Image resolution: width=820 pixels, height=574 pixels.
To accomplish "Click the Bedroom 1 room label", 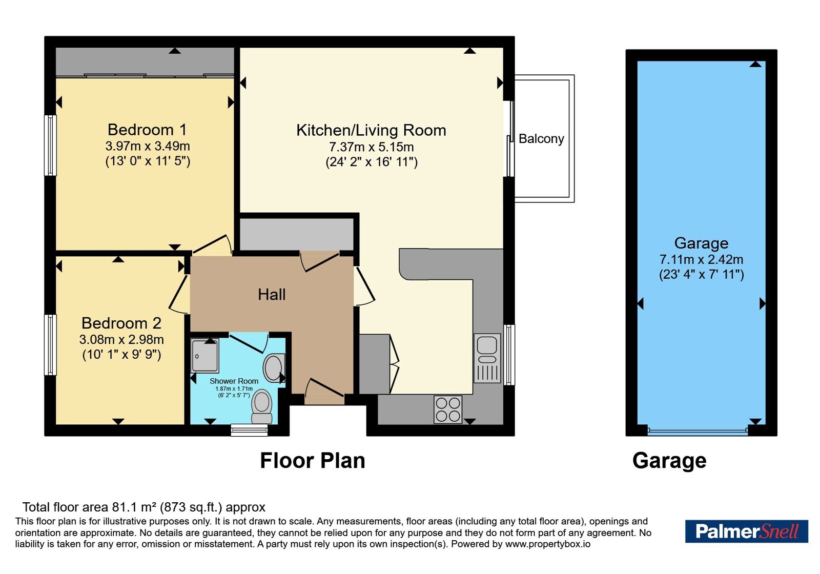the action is (147, 130).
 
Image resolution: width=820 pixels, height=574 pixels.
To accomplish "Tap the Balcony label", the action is (541, 139).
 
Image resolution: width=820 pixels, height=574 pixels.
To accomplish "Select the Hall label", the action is (272, 294).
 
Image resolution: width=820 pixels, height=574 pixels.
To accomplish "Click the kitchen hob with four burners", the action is (448, 409).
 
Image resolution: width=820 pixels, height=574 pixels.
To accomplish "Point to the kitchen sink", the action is (487, 358).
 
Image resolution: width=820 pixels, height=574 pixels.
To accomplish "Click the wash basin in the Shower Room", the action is (274, 367).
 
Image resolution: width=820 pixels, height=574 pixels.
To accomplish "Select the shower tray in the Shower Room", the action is (204, 356).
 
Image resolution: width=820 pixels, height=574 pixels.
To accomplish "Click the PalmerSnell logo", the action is (746, 531).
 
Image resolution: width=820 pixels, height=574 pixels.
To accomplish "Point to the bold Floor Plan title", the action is (313, 460).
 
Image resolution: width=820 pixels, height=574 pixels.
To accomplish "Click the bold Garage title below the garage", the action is (669, 461).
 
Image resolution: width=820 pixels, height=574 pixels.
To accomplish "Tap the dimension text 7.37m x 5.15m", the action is (371, 147).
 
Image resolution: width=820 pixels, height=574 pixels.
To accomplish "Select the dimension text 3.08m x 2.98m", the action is (121, 339).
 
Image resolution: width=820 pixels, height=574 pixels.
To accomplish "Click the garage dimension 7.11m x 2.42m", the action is (702, 259).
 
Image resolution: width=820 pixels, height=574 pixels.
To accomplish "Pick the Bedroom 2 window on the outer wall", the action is (50, 345).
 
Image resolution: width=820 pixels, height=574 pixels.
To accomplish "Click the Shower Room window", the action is (249, 430).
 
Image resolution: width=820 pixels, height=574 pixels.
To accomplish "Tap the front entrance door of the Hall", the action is (325, 392).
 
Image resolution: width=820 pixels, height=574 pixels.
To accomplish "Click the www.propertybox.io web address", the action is (548, 544).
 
